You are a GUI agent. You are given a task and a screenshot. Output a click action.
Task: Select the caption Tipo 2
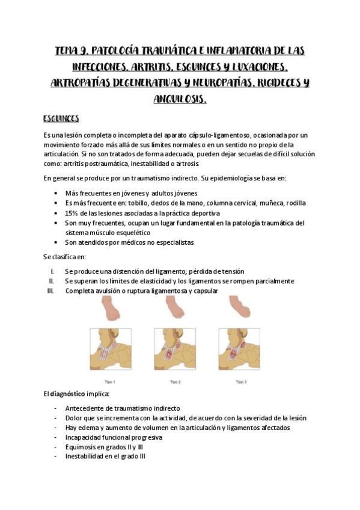tap(175, 381)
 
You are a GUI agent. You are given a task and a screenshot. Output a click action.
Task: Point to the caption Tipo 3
tap(240, 381)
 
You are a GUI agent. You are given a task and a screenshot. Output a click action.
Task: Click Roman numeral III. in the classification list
tap(50, 291)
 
